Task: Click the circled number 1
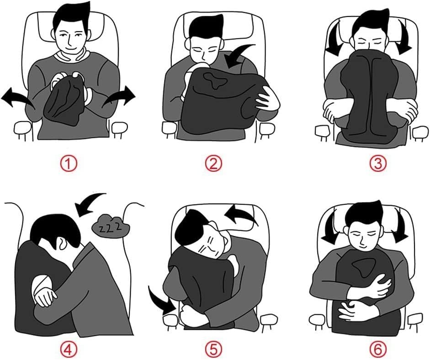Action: [x=69, y=164]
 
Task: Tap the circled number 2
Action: [x=213, y=164]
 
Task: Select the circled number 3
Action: [x=378, y=164]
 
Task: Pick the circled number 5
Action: [x=213, y=349]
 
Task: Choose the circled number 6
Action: [x=377, y=349]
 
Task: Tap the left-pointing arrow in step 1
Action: [x=16, y=99]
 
